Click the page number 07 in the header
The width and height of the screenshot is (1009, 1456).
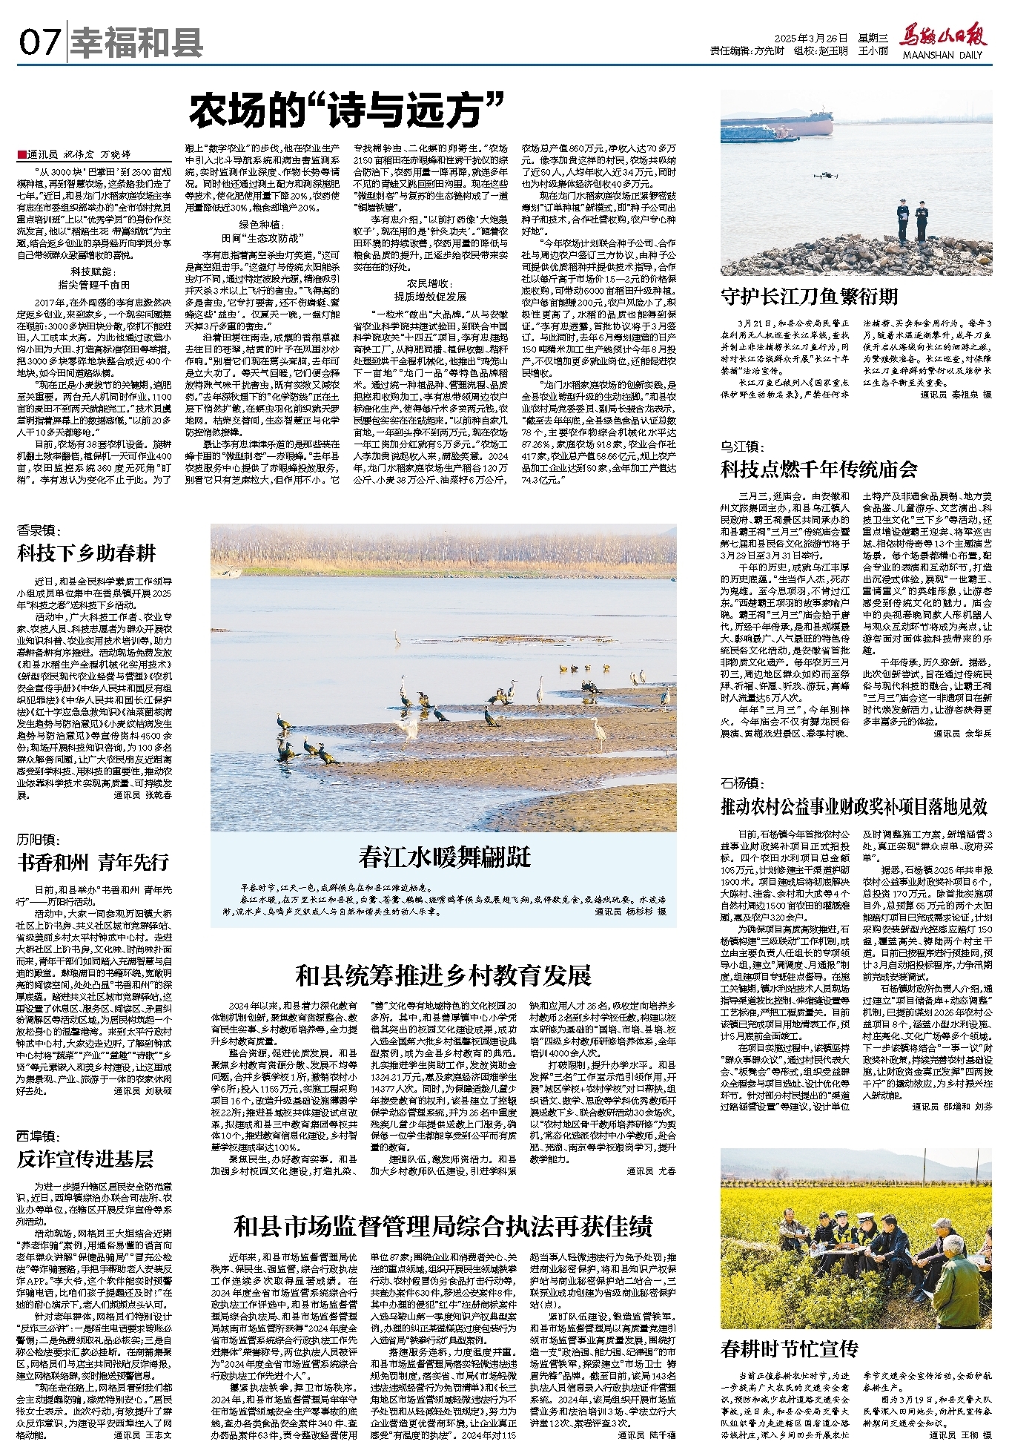[x=39, y=42]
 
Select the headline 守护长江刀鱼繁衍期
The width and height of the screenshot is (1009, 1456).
[x=809, y=297]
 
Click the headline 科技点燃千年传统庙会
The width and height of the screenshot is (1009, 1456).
[x=819, y=469]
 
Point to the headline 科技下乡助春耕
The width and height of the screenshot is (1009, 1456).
[x=87, y=553]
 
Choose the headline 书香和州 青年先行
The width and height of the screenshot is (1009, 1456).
[x=93, y=862]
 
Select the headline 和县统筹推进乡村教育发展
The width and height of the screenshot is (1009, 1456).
[x=443, y=975]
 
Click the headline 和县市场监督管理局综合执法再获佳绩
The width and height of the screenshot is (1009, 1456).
[x=443, y=1227]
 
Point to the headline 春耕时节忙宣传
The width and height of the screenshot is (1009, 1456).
[x=789, y=1348]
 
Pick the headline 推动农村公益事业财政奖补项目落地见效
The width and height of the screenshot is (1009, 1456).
[x=854, y=806]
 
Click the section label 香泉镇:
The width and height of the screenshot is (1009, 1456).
[x=39, y=530]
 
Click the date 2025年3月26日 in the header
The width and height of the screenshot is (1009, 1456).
[x=810, y=38]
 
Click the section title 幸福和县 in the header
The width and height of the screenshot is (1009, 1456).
[x=136, y=43]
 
